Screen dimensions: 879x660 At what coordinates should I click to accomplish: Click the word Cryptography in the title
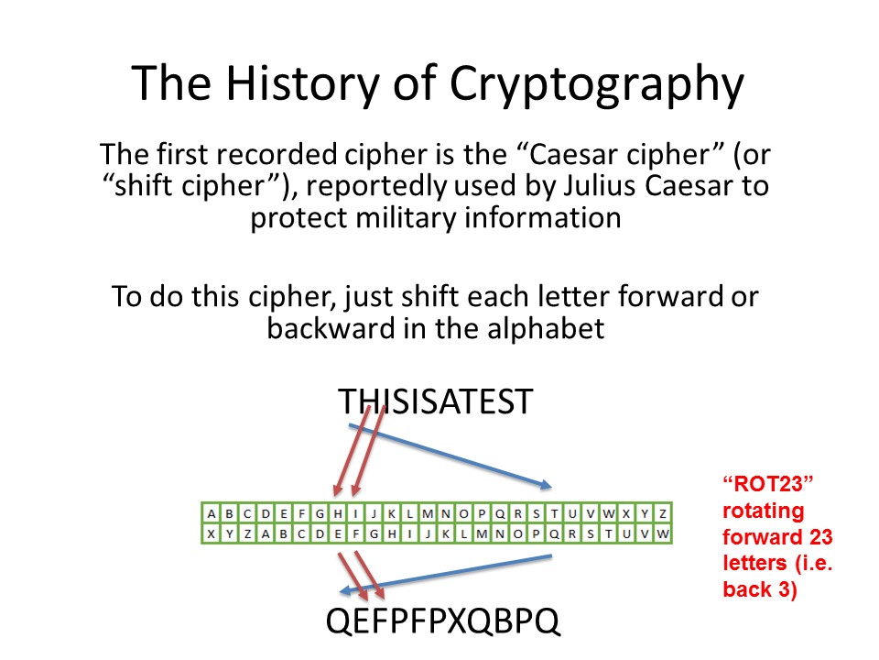point(596,84)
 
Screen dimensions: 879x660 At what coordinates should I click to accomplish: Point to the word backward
point(331,328)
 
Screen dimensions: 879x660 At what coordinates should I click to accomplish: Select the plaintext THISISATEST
point(436,401)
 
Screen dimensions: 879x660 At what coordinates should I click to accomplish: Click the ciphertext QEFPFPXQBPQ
point(443,621)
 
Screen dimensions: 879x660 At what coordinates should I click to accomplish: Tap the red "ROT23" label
point(768,484)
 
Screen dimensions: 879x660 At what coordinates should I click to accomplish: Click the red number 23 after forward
point(821,537)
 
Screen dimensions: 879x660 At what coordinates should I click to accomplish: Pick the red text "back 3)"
point(760,589)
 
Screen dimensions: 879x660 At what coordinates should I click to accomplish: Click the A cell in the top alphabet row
point(211,513)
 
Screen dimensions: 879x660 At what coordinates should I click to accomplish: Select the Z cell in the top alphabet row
point(663,513)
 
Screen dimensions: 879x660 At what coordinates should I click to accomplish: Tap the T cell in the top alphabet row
point(554,513)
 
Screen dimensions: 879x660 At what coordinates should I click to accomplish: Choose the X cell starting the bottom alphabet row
point(211,533)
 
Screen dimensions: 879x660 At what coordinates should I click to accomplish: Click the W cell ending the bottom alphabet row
point(663,533)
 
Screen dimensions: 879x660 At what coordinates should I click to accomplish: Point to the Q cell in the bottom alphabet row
point(554,533)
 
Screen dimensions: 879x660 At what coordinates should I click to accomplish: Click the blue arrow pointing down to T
point(450,456)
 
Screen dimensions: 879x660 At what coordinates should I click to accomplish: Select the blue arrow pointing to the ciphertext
point(446,574)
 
